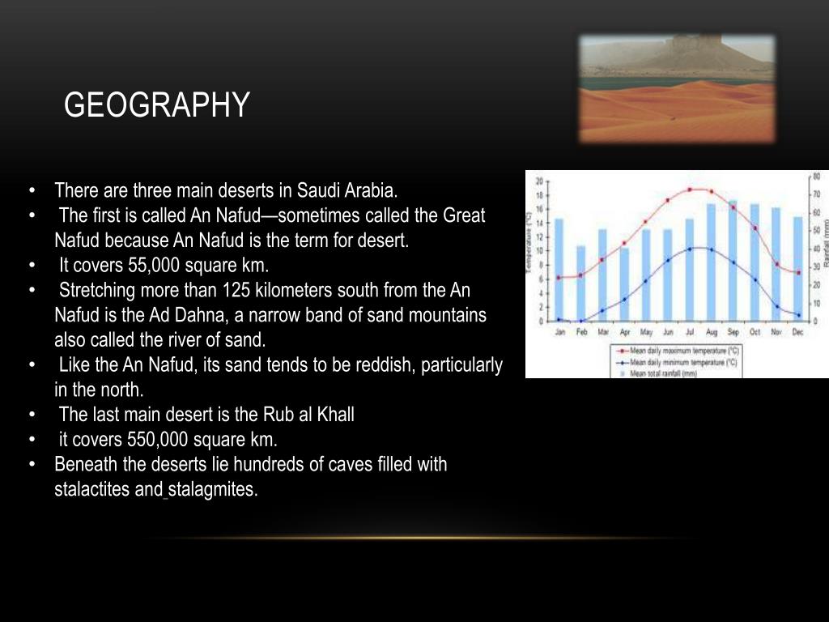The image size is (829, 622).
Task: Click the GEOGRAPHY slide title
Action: tap(157, 105)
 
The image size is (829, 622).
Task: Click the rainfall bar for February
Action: tap(580, 283)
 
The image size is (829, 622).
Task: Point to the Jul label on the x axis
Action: tap(690, 332)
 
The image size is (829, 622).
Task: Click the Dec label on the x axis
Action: tap(798, 332)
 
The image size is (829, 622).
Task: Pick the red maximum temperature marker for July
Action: tap(690, 190)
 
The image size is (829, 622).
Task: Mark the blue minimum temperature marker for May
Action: tap(646, 281)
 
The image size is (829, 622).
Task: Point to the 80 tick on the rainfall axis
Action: tap(816, 176)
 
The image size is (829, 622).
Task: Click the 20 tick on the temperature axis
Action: tap(538, 181)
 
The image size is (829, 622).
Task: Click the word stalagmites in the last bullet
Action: tap(213, 490)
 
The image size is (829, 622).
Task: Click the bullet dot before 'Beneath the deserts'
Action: tap(31, 465)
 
